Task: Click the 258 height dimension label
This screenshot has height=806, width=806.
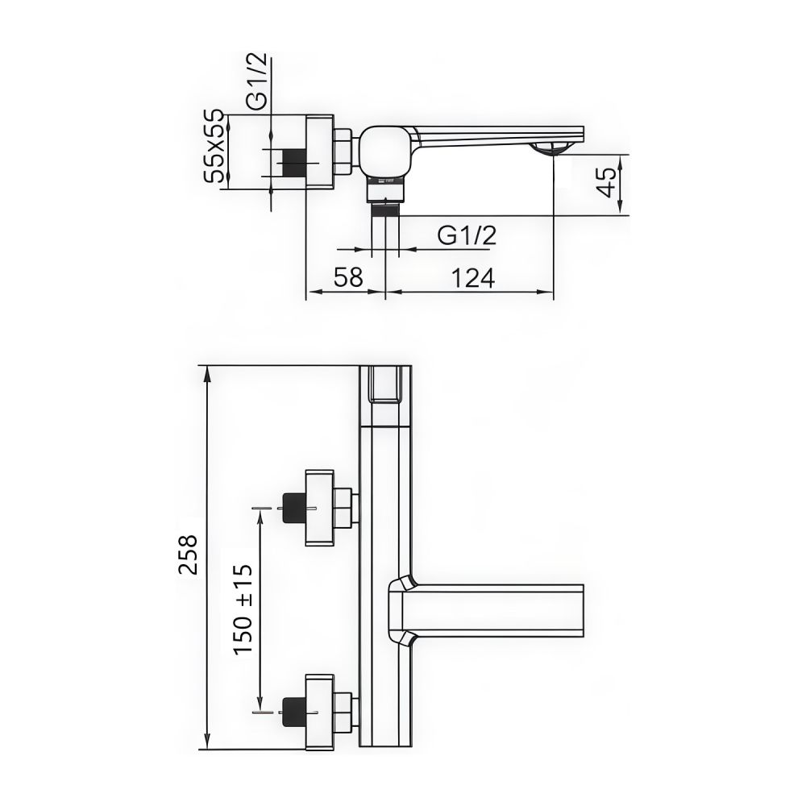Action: (187, 554)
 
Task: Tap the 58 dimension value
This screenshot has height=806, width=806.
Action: (348, 278)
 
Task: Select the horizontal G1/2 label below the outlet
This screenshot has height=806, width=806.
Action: (466, 235)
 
